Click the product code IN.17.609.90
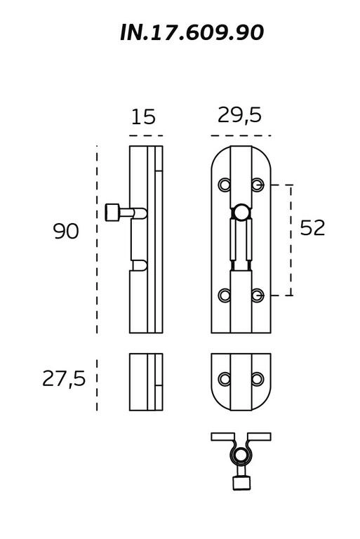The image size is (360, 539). tap(192, 33)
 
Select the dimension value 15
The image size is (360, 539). tap(143, 117)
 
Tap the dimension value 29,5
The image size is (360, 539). tap(240, 115)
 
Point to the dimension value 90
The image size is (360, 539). tap(66, 231)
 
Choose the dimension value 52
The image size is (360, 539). tap(312, 227)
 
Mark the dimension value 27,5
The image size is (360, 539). tap(64, 379)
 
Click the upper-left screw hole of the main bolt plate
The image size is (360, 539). tap(225, 185)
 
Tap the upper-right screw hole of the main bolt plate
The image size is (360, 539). tap(258, 185)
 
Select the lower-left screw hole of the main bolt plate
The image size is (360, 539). tap(225, 295)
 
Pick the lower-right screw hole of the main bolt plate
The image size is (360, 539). tap(258, 295)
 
